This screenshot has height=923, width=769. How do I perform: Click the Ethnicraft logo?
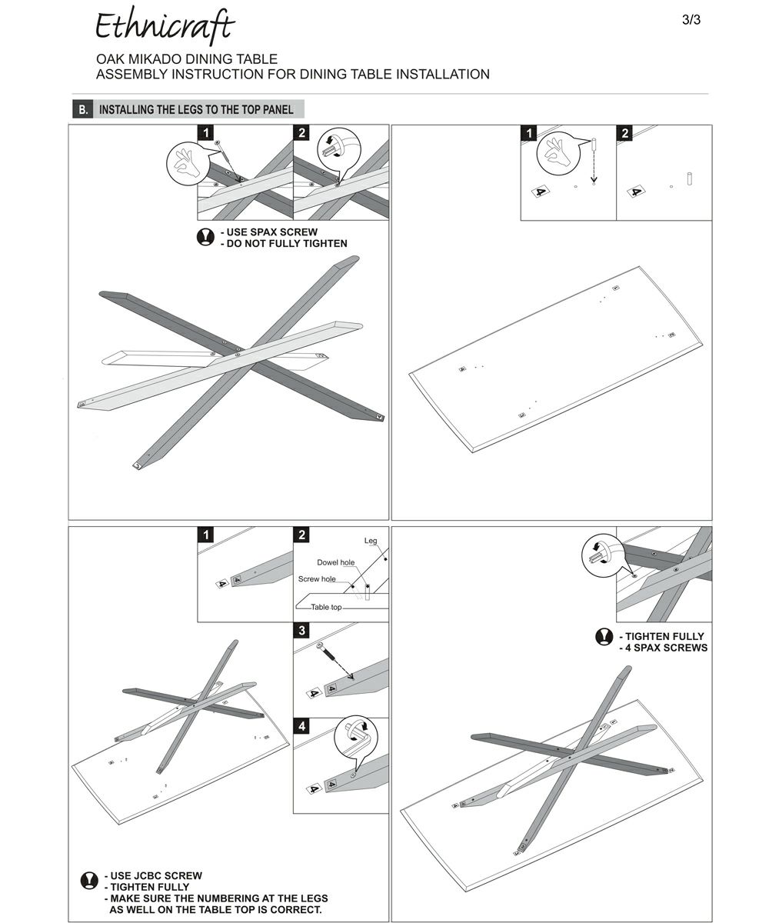[x=164, y=28]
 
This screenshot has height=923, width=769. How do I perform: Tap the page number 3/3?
[x=691, y=20]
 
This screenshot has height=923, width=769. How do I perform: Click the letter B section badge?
[x=83, y=109]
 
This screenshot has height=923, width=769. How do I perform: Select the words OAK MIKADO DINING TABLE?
[x=186, y=59]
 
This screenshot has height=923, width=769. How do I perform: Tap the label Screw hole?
[x=317, y=579]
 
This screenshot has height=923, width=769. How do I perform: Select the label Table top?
[x=326, y=608]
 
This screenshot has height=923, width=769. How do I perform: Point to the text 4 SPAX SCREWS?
[x=666, y=648]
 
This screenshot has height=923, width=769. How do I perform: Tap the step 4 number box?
[x=302, y=726]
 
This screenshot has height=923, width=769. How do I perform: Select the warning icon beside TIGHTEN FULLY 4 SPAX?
[x=604, y=637]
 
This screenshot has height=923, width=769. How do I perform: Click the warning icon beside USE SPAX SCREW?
[x=205, y=237]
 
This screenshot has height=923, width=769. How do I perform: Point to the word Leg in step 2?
[x=371, y=542]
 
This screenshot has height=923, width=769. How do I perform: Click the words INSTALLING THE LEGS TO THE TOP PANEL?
[x=196, y=109]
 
